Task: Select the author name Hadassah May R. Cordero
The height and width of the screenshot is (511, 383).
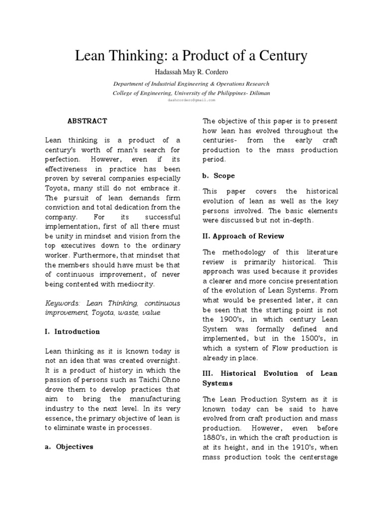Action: [x=191, y=73]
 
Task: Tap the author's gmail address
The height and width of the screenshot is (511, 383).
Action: [x=191, y=100]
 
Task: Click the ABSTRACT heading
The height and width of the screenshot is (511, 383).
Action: [x=87, y=121]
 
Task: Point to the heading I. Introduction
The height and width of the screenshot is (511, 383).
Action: [x=72, y=331]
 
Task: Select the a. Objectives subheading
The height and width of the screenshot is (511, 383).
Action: [x=69, y=447]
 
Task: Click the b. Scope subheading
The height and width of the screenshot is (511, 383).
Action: [x=218, y=176]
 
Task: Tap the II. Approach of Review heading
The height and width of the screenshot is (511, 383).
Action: [x=243, y=236]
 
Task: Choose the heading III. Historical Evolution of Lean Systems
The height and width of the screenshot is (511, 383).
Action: [x=270, y=378]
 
